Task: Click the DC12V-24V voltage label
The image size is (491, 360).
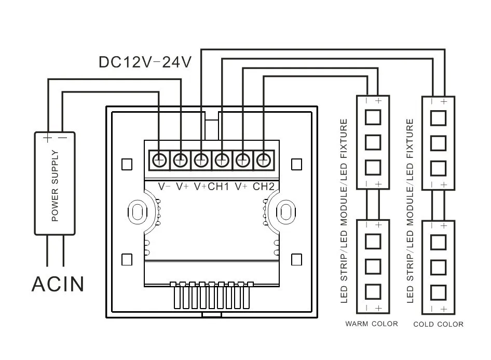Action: click(145, 62)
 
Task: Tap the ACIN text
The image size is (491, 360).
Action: click(58, 284)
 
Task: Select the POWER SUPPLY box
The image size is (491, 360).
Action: click(55, 183)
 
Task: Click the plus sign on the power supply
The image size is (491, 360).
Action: click(47, 138)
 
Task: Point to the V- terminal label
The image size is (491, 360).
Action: click(164, 186)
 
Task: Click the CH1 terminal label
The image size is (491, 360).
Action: click(219, 186)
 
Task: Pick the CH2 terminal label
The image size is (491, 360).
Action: click(263, 186)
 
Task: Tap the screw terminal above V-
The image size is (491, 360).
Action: click(159, 161)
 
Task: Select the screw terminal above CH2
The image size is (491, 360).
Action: click(263, 161)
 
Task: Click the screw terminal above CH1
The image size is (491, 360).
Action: click(222, 161)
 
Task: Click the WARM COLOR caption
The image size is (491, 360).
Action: click(372, 324)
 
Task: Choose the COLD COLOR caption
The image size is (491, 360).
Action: click(438, 324)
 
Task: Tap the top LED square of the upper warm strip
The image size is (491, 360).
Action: click(373, 117)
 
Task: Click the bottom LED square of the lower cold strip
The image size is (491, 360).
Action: click(438, 292)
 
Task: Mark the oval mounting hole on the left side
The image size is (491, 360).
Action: click(138, 212)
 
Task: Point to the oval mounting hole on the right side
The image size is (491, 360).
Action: click(285, 212)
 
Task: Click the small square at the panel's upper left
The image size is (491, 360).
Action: click(127, 164)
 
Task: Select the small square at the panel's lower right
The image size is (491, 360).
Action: click(296, 260)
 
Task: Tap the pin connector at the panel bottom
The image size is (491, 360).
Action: click(212, 296)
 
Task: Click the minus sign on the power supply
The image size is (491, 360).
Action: click(63, 138)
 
